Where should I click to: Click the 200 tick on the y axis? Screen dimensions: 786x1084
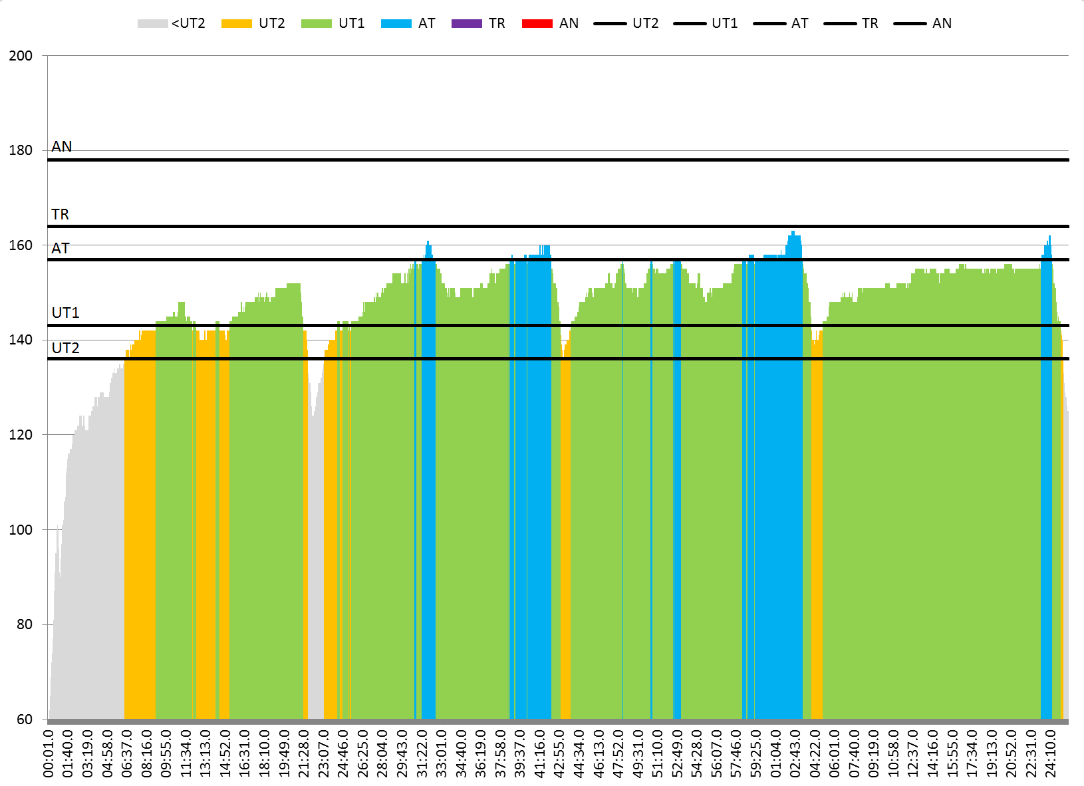tap(21, 56)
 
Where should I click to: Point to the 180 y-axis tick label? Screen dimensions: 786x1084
tap(21, 151)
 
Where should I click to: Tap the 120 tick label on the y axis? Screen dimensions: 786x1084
tap(21, 435)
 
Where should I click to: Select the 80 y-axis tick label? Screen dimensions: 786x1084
tap(24, 624)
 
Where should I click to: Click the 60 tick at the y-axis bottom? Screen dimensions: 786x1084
tap(24, 720)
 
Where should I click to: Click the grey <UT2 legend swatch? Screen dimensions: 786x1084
tap(152, 24)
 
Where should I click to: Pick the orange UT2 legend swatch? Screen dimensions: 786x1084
tap(237, 24)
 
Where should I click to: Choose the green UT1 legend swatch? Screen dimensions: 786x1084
tap(316, 24)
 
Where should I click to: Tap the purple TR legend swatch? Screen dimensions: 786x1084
tap(466, 24)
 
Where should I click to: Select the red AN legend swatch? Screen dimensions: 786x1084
tap(537, 24)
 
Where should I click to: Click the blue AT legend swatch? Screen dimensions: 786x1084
tap(396, 24)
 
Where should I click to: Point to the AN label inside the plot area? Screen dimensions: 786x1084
tap(62, 146)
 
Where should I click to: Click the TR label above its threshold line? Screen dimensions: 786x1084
tap(61, 214)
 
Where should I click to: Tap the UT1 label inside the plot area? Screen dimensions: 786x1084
tap(65, 313)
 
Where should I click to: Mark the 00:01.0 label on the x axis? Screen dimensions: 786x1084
tap(49, 753)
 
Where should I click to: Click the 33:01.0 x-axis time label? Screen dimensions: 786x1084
tap(442, 753)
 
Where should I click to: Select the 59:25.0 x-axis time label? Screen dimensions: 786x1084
tap(756, 753)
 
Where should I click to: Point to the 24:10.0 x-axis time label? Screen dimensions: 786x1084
tap(1051, 753)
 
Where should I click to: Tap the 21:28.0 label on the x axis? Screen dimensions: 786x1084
tap(304, 753)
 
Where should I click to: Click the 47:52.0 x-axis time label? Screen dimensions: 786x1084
tap(618, 753)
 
